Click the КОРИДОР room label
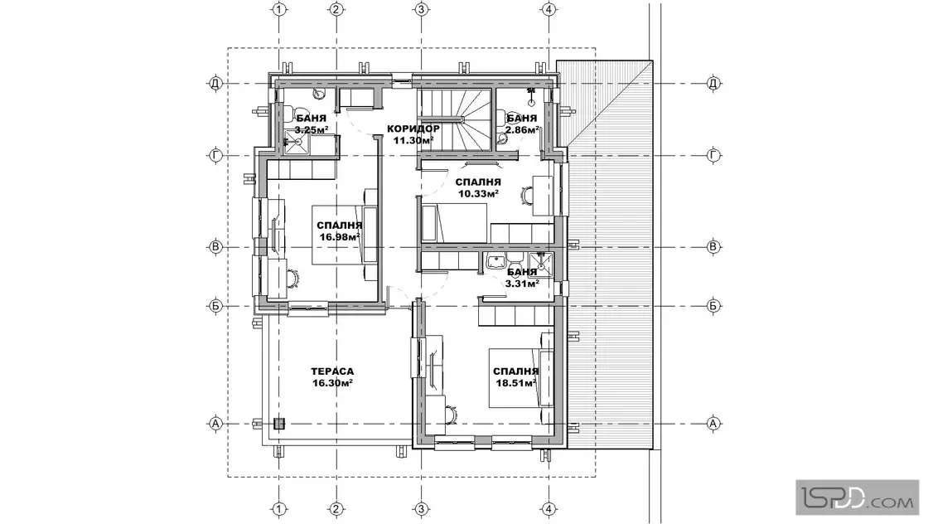tap(413, 129)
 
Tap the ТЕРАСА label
tap(332, 371)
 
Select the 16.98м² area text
tap(340, 237)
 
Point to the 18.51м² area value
tap(516, 382)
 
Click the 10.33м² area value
tap(477, 193)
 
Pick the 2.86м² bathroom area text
tap(521, 129)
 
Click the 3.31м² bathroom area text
tap(521, 283)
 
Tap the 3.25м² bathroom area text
tap(312, 129)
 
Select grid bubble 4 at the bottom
tap(549, 508)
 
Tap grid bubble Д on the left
tap(215, 84)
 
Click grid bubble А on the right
tap(713, 424)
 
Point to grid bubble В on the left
tap(215, 247)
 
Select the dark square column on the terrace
tap(278, 424)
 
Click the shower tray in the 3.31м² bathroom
tap(540, 264)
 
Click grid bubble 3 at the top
tap(421, 9)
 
